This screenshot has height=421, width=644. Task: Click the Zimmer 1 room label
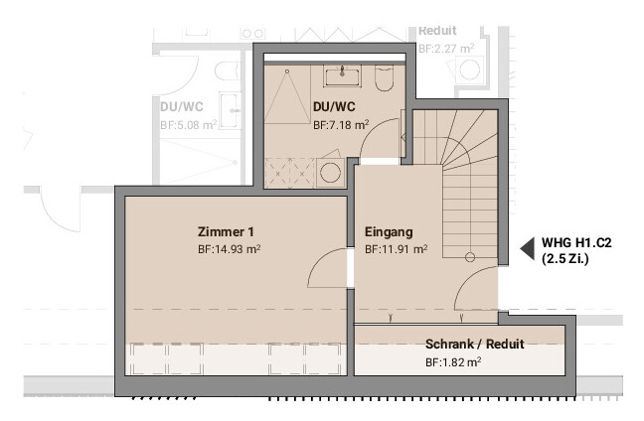pyautogui.click(x=226, y=231)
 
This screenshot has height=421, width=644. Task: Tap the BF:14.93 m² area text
pyautogui.click(x=230, y=249)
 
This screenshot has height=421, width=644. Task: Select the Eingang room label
pyautogui.click(x=389, y=231)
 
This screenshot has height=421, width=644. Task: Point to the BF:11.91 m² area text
pyautogui.click(x=397, y=249)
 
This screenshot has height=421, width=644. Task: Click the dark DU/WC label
pyautogui.click(x=334, y=107)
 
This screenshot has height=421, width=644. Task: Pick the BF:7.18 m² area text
pyautogui.click(x=341, y=125)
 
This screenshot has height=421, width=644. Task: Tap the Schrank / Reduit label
pyautogui.click(x=474, y=344)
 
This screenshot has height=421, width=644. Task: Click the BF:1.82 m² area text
pyautogui.click(x=453, y=362)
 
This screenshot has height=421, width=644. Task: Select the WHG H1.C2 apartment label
pyautogui.click(x=576, y=243)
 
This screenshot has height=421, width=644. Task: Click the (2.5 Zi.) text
pyautogui.click(x=565, y=259)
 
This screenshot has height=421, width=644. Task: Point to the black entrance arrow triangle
pyautogui.click(x=528, y=248)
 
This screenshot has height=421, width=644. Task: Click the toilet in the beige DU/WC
pyautogui.click(x=385, y=78)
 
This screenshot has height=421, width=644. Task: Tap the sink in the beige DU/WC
pyautogui.click(x=342, y=75)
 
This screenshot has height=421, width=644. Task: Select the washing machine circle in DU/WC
pyautogui.click(x=330, y=173)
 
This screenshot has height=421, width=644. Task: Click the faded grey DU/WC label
pyautogui.click(x=182, y=107)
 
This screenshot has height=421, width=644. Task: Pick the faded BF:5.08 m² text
pyautogui.click(x=189, y=125)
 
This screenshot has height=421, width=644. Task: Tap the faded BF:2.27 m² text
pyautogui.click(x=446, y=49)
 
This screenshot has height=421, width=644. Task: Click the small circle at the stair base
pyautogui.click(x=470, y=257)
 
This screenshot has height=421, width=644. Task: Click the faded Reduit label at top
pyautogui.click(x=437, y=31)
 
